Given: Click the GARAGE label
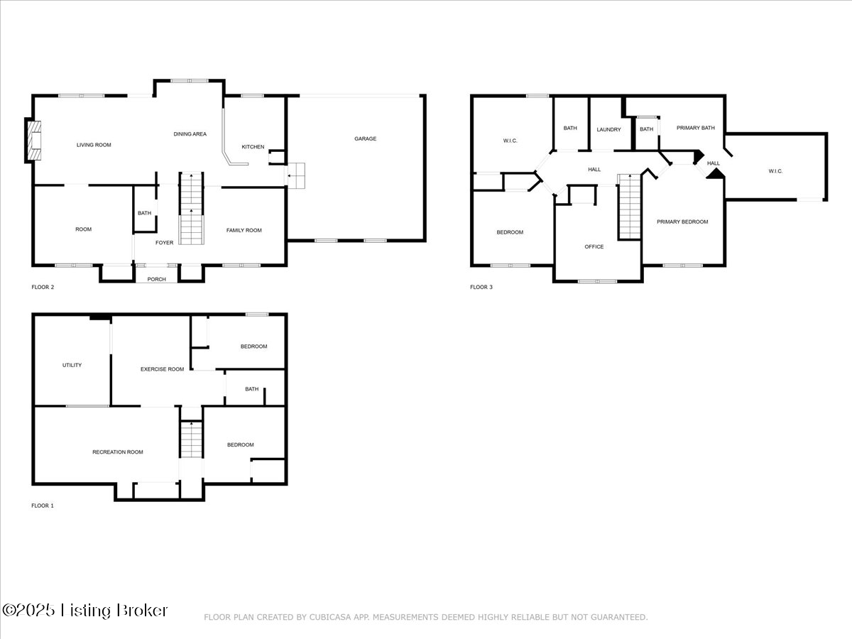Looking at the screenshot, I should tap(365, 138).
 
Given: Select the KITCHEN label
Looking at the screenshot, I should tap(253, 147).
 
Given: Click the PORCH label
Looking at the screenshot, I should tap(156, 279).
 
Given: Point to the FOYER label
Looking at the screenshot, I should tap(164, 242).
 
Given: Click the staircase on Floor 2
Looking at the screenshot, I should tap(190, 209).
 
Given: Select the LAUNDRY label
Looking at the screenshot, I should tap(608, 129).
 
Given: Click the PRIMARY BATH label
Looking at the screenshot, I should tap(695, 129).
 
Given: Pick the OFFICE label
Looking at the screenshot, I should tap(594, 247).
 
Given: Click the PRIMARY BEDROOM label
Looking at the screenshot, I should tap(682, 222).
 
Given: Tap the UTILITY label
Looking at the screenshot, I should tap(72, 365).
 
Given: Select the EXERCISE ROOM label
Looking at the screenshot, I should tap(162, 369).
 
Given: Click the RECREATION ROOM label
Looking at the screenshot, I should tap(117, 452).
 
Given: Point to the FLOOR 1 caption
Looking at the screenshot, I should tap(43, 506).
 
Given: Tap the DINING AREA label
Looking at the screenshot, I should tap(190, 133).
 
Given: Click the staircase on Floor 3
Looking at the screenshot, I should tap(629, 207).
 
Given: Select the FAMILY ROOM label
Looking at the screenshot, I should tap(244, 230).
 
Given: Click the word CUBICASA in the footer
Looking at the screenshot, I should tap(328, 618).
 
